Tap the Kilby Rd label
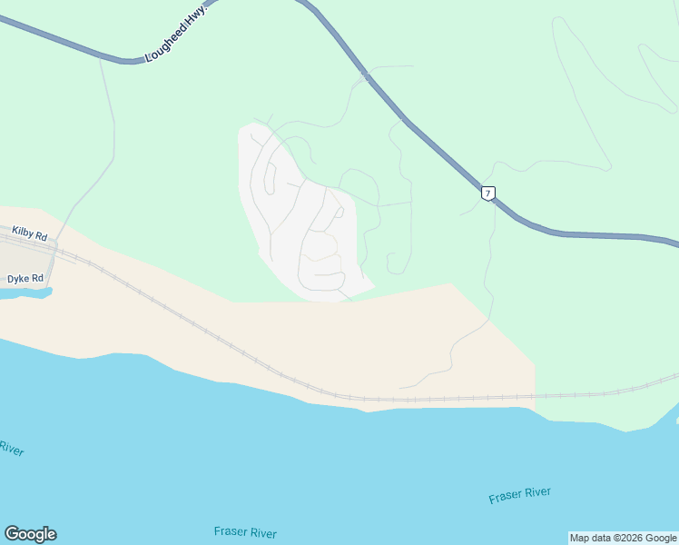pos(29,234)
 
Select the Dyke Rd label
pos(25,278)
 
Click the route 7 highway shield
pos(488,193)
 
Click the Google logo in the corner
pos(30,534)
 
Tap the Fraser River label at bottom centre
pos(245,533)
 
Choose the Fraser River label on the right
pos(519,495)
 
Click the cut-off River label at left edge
pos(11,449)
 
